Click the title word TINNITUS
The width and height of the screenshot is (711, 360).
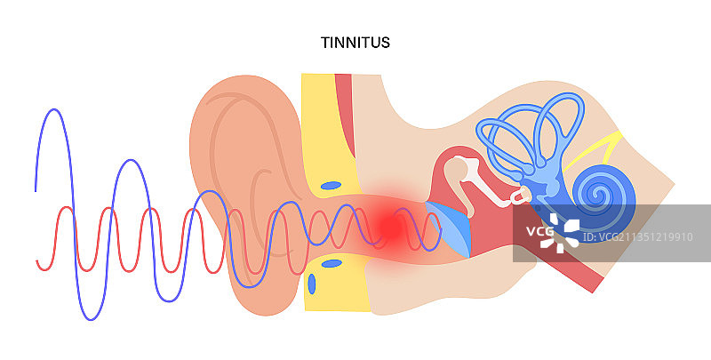click(355, 42)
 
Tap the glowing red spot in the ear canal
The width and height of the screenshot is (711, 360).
click(387, 228)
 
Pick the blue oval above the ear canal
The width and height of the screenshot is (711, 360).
click(331, 186)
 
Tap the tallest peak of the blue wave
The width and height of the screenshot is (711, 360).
click(55, 110)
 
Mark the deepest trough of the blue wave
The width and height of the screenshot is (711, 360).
click(92, 317)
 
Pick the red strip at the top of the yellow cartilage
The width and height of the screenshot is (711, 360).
click(344, 89)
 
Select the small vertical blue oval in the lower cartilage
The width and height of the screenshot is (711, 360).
click(312, 285)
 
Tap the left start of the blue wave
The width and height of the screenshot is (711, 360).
click(36, 189)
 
